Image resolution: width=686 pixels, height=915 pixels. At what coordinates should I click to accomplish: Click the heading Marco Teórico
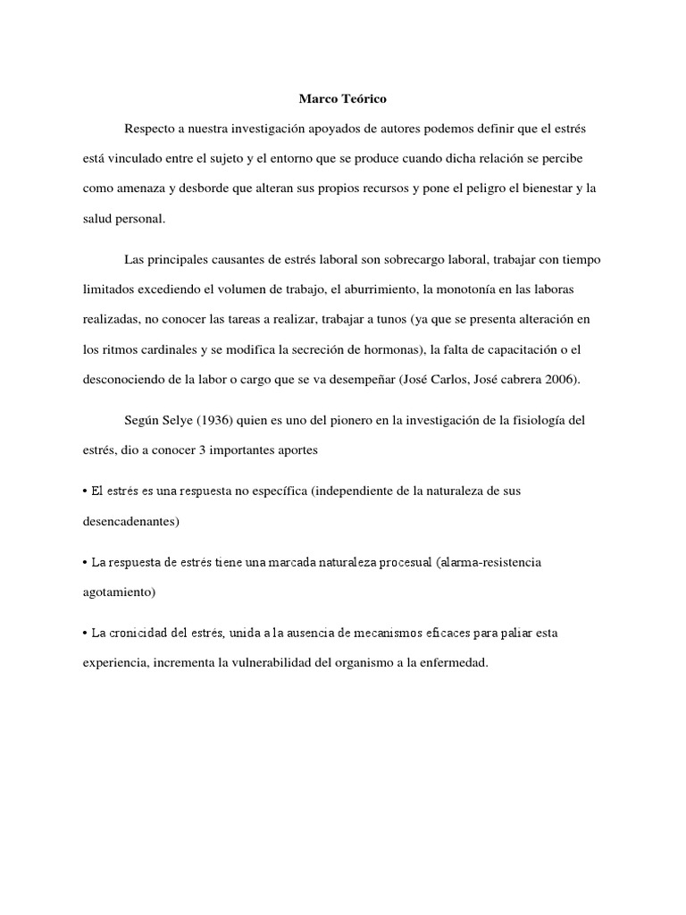[x=343, y=98]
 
